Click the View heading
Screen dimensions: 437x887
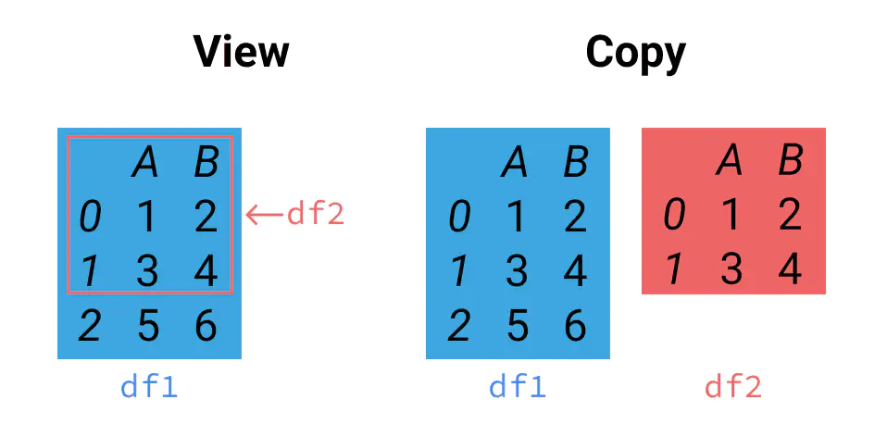pos(241,53)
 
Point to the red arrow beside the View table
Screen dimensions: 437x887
pos(264,215)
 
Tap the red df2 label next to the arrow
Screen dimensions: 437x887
pos(315,214)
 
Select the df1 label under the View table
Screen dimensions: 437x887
pos(149,387)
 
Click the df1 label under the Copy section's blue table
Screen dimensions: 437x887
pos(518,387)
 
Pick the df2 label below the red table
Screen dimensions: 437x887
pos(733,387)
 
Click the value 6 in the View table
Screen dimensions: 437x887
pos(206,326)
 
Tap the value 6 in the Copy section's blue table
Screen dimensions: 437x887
pos(575,326)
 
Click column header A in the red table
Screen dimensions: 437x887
pos(730,161)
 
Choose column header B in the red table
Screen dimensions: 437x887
pos(790,161)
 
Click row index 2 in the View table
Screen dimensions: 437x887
pos(89,326)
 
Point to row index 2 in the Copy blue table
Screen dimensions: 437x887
pos(458,326)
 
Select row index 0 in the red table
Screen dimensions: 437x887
pos(674,215)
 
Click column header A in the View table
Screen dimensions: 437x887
pos(146,163)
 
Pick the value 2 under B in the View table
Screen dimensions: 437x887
pos(206,217)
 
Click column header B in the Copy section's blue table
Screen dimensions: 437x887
pos(575,163)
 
